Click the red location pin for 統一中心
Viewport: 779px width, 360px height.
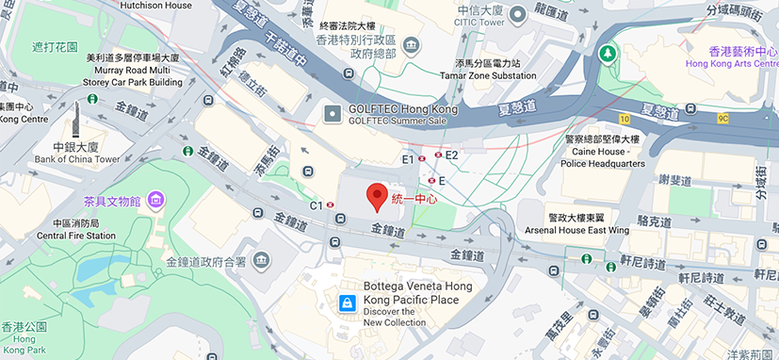click(377, 196)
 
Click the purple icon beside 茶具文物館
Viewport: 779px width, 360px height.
click(155, 200)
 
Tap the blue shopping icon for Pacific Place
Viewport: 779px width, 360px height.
click(347, 303)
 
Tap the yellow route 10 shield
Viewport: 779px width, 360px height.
click(625, 118)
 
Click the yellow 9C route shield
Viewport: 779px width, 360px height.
click(722, 119)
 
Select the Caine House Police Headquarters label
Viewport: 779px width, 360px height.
click(605, 151)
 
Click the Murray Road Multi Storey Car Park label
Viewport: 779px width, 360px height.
click(133, 70)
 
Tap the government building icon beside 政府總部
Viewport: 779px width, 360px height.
click(412, 45)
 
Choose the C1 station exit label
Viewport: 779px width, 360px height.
click(316, 205)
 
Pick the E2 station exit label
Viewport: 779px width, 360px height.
click(451, 155)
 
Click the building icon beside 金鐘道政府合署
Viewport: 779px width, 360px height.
click(261, 260)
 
